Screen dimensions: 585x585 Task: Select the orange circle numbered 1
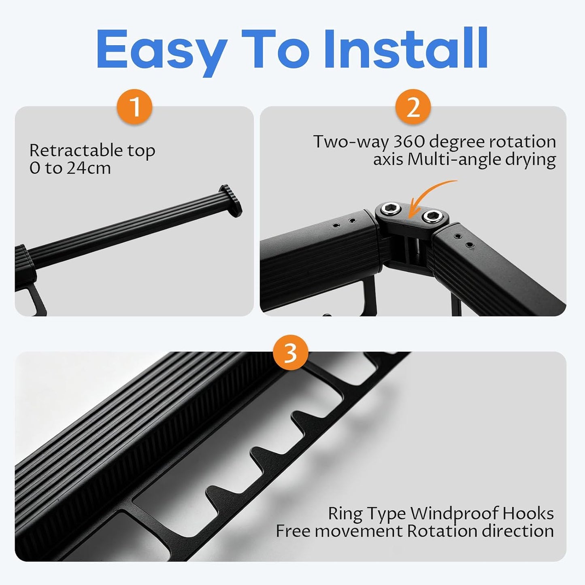[135, 106]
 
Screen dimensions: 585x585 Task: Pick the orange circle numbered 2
[413, 106]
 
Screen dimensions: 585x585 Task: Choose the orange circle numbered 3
[291, 352]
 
